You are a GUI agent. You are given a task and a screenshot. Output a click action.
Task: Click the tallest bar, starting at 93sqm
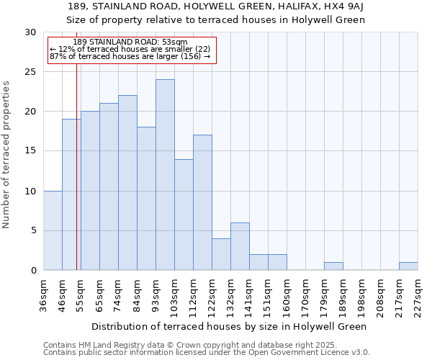[x=165, y=175]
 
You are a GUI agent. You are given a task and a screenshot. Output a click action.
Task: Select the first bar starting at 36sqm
[x=53, y=230]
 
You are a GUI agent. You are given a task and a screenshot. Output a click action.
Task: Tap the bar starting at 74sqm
[x=127, y=183]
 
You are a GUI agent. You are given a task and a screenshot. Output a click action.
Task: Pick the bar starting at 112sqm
[x=202, y=202]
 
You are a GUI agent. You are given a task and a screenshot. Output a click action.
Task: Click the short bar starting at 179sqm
[x=333, y=266]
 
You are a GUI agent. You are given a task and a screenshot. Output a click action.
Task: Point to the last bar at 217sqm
[x=408, y=266]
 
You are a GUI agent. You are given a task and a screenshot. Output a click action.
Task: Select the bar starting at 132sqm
[x=240, y=246]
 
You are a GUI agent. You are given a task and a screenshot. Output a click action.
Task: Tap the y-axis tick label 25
[x=30, y=72]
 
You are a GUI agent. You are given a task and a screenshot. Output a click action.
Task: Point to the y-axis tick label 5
[x=33, y=230]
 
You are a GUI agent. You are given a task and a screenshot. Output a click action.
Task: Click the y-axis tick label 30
[x=30, y=32]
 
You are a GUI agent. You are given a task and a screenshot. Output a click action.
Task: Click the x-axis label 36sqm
[x=44, y=294]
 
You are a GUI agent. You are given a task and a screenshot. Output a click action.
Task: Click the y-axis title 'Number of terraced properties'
[x=6, y=155]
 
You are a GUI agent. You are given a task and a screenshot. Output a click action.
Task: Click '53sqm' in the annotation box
[x=175, y=42]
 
